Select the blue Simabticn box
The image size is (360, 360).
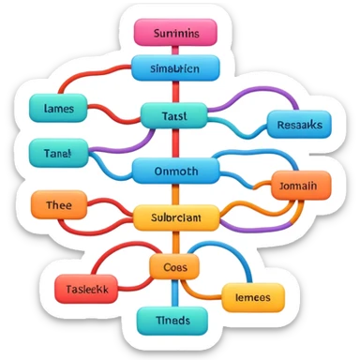pos(174,68)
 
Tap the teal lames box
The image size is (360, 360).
pos(58,109)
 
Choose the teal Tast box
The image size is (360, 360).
pos(174,115)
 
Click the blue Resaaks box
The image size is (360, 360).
pos(300,124)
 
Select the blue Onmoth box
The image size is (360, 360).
pos(175,171)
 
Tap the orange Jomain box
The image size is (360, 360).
pos(300,187)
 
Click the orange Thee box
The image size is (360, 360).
pos(59,204)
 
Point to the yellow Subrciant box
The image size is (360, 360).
pos(175,217)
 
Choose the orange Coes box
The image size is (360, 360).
pos(174,267)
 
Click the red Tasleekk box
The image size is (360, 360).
pos(85,290)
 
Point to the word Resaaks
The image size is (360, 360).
pos(300,125)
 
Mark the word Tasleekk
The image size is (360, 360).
pos(85,291)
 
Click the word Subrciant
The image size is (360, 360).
pos(175,218)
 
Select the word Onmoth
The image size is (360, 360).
pos(175,172)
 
